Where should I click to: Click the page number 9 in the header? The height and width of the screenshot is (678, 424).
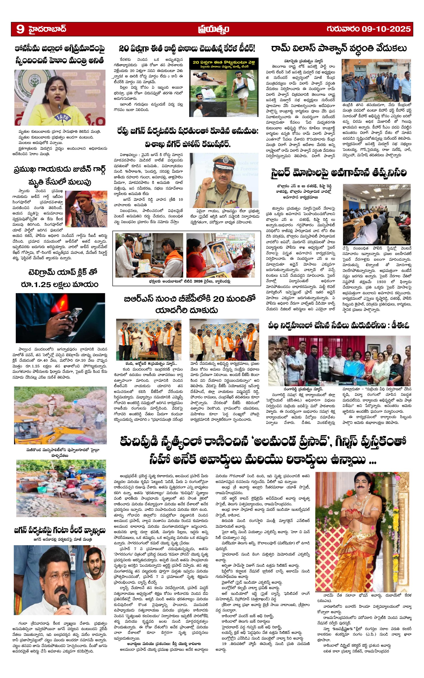[20, 29]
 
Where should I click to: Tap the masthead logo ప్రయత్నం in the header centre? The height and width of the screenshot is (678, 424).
[213, 29]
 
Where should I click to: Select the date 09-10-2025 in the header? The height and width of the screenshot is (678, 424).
[386, 29]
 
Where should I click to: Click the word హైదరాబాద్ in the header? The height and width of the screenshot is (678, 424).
[47, 29]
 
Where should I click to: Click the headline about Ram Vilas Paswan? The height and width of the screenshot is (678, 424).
[339, 49]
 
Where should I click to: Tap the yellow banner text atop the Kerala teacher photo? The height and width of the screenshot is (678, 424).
[224, 64]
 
